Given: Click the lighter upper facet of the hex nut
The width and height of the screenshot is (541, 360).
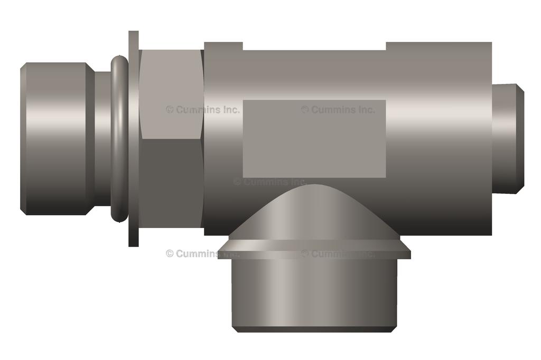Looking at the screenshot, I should (172, 95).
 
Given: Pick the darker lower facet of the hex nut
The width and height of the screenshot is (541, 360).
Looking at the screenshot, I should (172, 185).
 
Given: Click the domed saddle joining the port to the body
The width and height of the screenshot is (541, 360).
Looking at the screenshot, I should (314, 211).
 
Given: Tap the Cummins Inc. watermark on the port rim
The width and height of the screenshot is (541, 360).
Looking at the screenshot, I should (338, 253).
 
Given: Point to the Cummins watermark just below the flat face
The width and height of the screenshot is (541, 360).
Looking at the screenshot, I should (269, 182).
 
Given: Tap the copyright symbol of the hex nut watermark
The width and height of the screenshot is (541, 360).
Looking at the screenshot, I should (170, 110).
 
